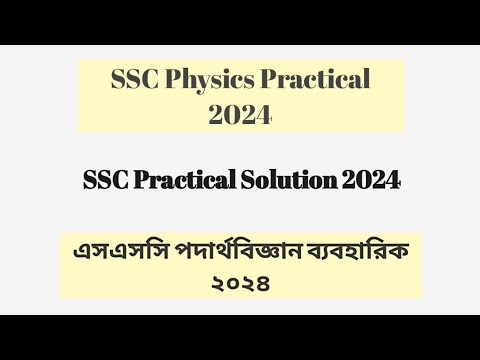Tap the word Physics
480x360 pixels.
click(x=215, y=80)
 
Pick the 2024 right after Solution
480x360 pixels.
click(x=370, y=181)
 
